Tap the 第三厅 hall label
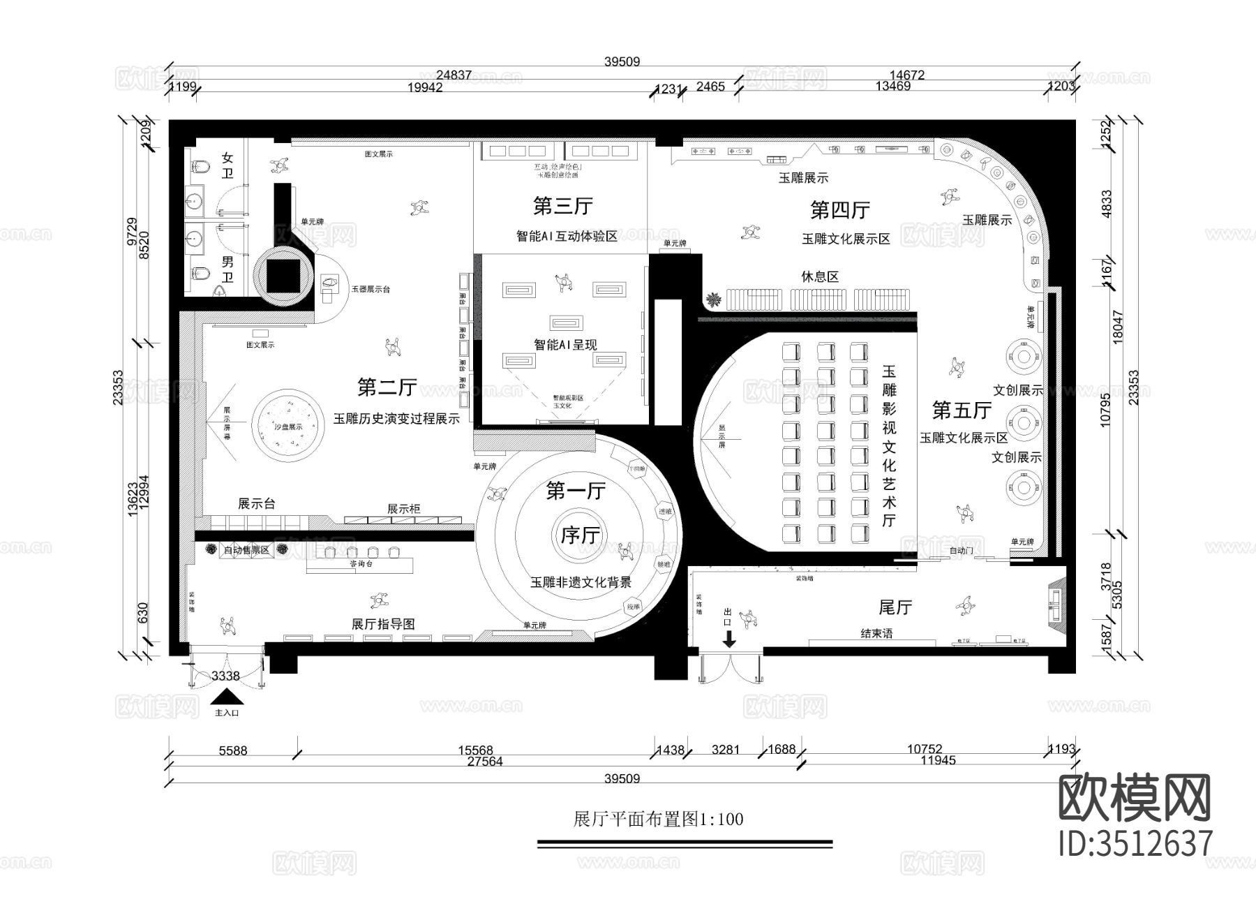point(562,206)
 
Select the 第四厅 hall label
point(839,209)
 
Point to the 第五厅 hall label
point(962,410)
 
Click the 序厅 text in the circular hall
point(581,535)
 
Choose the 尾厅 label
point(895,607)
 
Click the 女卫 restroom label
point(227,165)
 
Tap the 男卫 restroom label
point(227,269)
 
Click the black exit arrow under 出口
point(729,639)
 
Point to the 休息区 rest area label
point(819,276)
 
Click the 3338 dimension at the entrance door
point(225,676)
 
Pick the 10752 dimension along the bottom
point(924,749)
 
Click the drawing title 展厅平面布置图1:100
point(658,819)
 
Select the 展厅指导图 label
point(384,624)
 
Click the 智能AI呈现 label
point(565,344)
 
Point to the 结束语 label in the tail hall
point(876,634)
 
